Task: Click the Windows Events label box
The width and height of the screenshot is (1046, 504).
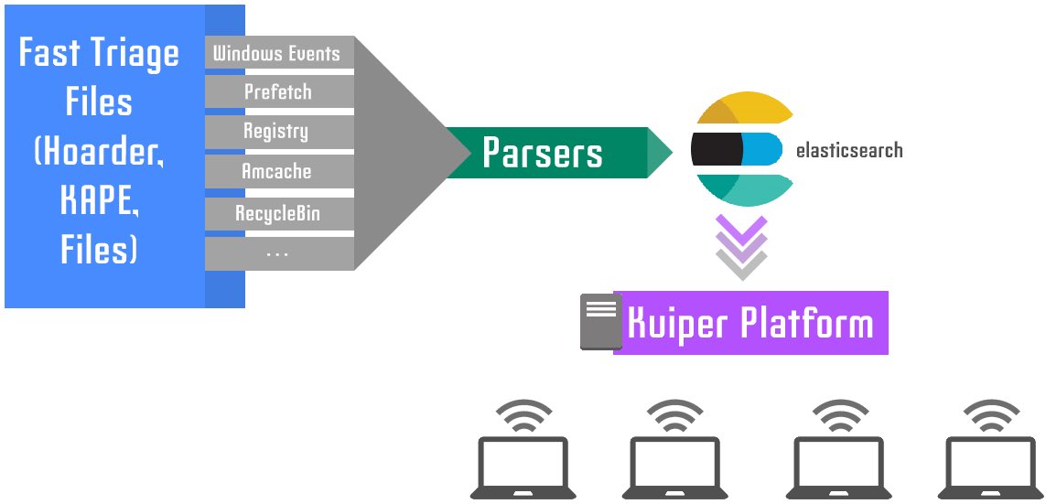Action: (277, 53)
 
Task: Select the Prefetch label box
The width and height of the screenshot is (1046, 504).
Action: (277, 92)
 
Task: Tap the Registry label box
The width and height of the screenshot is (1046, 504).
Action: (276, 132)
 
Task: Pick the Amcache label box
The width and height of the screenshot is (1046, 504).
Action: (276, 172)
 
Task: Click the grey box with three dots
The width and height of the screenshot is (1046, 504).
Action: (277, 253)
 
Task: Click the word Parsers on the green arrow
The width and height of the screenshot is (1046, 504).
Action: (543, 153)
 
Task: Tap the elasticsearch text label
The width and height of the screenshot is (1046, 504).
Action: (848, 151)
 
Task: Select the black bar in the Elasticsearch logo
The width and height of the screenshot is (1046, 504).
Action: (717, 149)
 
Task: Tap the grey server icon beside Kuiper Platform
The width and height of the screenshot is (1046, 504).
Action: (600, 322)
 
